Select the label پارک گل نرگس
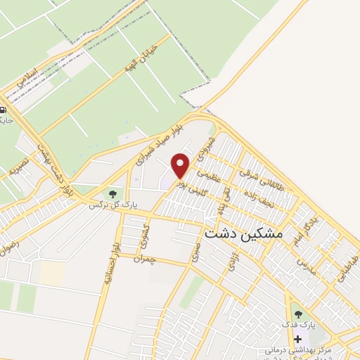click(106, 205)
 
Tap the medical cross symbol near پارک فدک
click(297, 338)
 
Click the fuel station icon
click(3, 110)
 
